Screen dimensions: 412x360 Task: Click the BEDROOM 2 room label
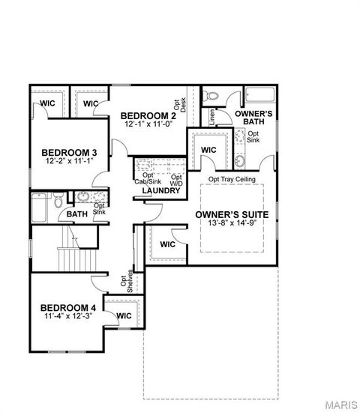coord(148,115)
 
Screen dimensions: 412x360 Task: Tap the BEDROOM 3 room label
coord(68,152)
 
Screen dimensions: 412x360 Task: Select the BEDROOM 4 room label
coord(67,308)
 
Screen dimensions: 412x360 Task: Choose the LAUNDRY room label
coord(162,191)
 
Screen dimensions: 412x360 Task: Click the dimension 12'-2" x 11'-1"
coord(68,161)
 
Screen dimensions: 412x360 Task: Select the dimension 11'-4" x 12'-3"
coord(67,317)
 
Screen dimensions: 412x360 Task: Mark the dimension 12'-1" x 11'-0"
coord(148,124)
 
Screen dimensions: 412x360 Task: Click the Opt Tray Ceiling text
coord(232,180)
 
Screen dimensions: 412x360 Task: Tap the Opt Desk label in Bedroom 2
coord(181,111)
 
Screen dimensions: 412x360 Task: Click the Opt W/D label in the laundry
coord(176,180)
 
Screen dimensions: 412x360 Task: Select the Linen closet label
coord(212,116)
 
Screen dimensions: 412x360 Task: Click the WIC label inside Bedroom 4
coord(124,316)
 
